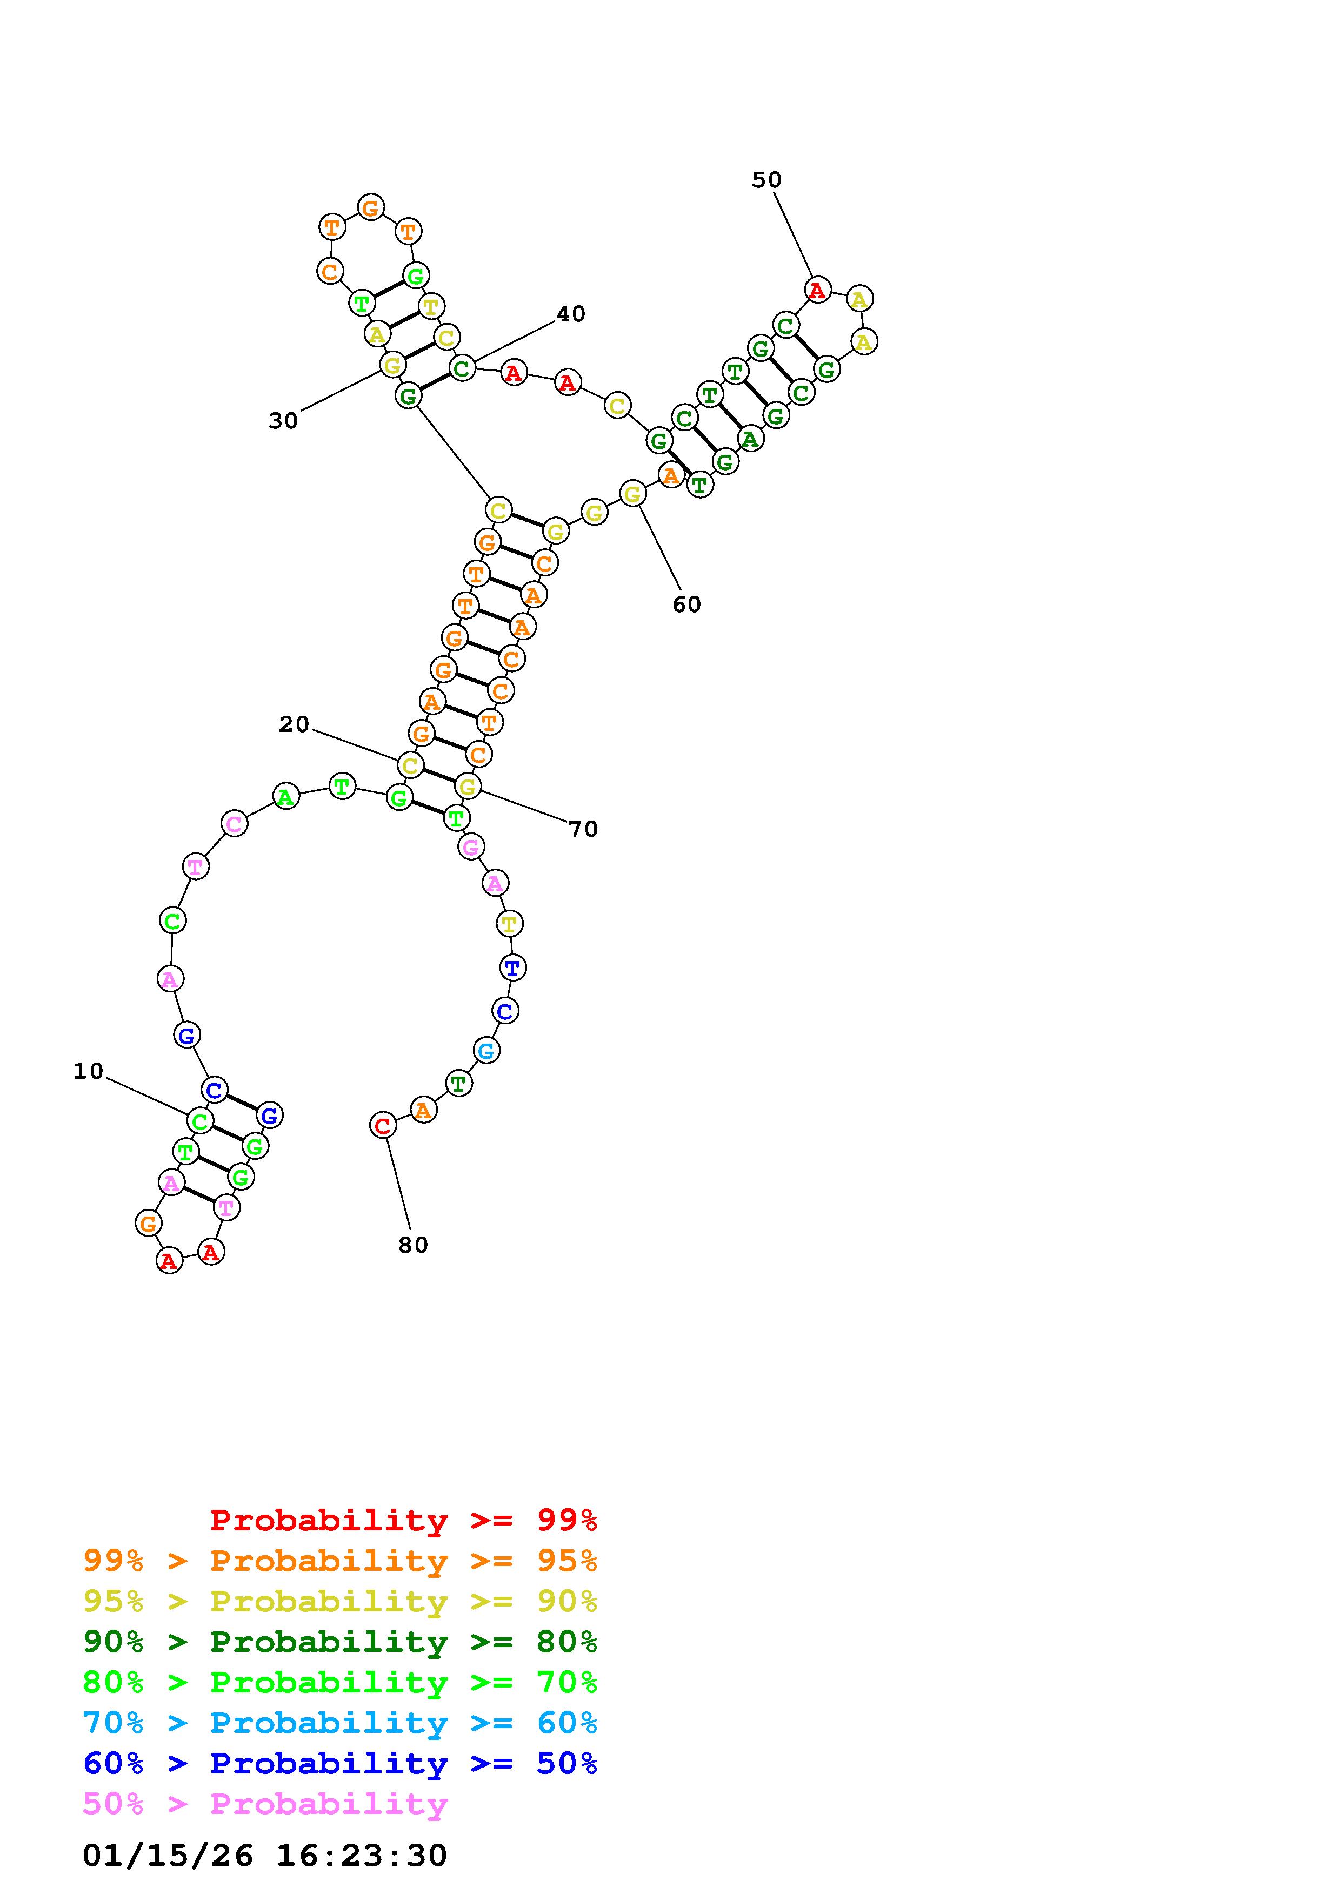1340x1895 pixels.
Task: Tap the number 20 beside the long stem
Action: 294,724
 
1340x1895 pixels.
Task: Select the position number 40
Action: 570,314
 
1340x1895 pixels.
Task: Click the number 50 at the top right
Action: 766,180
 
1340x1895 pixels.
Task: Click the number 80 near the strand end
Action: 413,1246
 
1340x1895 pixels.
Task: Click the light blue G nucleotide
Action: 486,1051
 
